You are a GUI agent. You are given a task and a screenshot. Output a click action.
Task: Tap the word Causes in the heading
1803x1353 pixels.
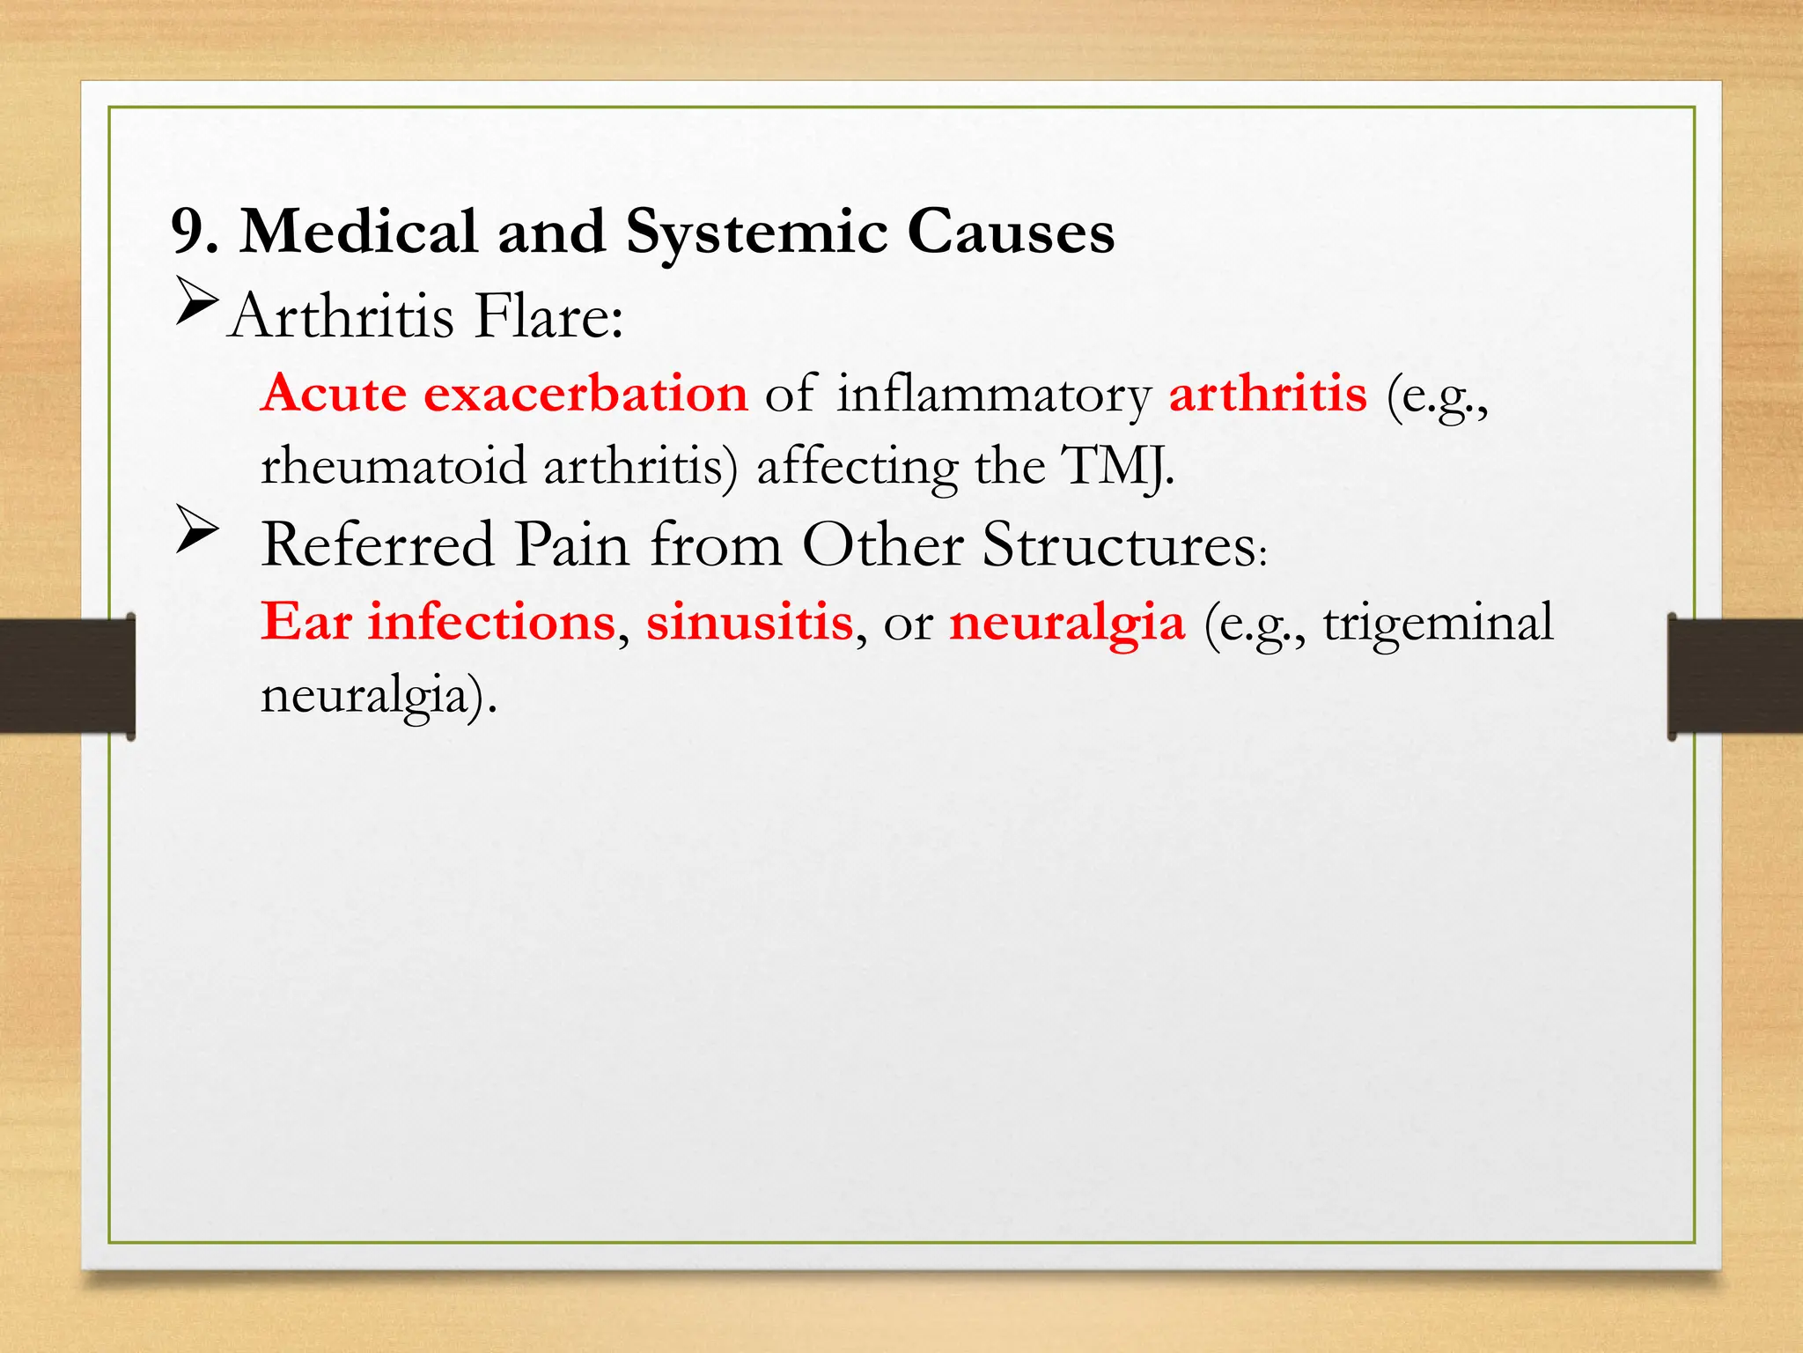[1011, 233]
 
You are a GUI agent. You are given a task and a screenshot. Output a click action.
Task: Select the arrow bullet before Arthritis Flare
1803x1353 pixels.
[196, 302]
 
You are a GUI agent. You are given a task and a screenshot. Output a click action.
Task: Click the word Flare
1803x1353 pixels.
[548, 316]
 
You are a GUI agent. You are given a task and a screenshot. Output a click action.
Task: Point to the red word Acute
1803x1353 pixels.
[334, 393]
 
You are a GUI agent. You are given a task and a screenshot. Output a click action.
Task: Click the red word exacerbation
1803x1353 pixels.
[585, 393]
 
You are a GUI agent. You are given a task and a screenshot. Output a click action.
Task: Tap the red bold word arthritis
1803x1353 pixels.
[1268, 393]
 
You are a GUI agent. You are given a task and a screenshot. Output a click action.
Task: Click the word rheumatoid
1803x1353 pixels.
[394, 466]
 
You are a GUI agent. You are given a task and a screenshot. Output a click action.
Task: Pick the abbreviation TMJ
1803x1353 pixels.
[1116, 466]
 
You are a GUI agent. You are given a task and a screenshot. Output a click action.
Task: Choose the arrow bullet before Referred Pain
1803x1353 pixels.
[196, 529]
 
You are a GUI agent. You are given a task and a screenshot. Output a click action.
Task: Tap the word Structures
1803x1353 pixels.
[1120, 544]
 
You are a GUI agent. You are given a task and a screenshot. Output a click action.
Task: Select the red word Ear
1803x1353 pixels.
[305, 622]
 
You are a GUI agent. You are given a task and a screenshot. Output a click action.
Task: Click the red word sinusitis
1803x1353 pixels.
[749, 622]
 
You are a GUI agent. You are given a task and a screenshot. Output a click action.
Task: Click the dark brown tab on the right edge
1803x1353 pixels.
[1735, 676]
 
